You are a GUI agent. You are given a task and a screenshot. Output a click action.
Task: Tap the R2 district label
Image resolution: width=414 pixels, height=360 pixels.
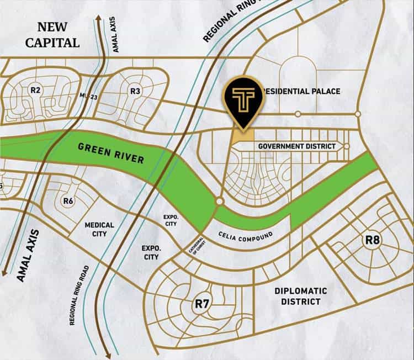click(35, 89)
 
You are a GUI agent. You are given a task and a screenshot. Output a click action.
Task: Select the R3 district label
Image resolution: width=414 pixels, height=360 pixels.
click(135, 89)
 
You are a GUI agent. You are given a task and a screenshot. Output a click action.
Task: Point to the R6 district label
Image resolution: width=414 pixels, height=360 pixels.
click(68, 201)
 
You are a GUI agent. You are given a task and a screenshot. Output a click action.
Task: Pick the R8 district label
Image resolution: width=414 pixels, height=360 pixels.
click(373, 240)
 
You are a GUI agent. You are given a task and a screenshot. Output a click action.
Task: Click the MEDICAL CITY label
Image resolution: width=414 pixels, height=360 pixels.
click(99, 229)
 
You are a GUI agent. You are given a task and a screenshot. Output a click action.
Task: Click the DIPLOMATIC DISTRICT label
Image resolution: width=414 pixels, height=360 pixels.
click(300, 296)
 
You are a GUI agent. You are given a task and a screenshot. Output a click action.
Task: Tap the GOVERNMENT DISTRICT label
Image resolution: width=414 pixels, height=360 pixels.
click(296, 146)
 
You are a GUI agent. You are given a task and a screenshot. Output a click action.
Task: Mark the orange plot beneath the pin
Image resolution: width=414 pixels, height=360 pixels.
click(243, 136)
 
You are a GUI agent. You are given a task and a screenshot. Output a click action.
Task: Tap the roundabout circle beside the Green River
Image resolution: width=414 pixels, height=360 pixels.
click(220, 202)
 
